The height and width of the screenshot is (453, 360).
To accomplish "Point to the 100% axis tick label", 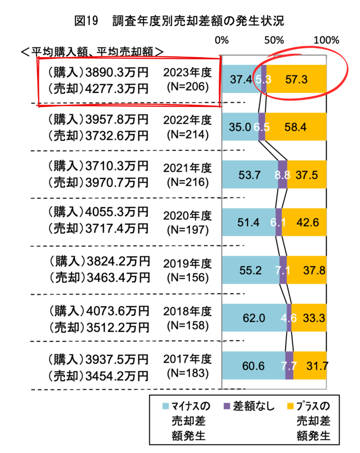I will (x=326, y=40).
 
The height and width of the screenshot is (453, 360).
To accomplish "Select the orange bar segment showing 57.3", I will (x=296, y=79).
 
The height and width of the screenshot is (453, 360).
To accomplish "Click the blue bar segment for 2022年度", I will (x=240, y=127).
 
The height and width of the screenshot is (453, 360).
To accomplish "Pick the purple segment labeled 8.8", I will (x=283, y=175).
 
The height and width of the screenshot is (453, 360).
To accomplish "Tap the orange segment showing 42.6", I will (x=304, y=223).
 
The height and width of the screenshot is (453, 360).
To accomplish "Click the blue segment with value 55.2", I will (x=250, y=270).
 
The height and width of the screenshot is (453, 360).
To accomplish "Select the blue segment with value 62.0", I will (x=254, y=318).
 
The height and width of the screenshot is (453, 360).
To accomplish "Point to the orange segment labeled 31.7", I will (x=310, y=366).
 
